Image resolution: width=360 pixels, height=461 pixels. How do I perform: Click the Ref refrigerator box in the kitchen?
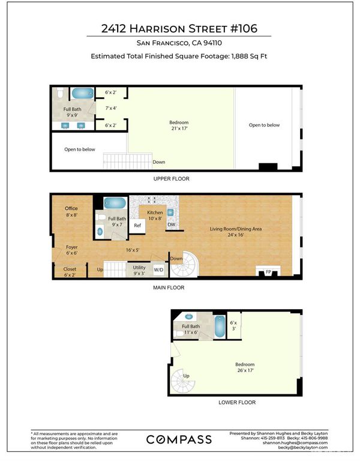pyautogui.click(x=137, y=226)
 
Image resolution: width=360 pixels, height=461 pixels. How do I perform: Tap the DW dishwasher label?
pyautogui.click(x=172, y=224)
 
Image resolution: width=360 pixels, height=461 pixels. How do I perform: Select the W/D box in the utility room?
pyautogui.click(x=158, y=270)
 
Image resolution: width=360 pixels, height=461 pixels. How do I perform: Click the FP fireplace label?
pyautogui.click(x=268, y=272)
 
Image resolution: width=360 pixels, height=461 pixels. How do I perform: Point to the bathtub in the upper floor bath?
pyautogui.click(x=83, y=93)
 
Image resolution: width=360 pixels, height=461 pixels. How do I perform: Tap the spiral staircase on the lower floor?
pyautogui.click(x=183, y=382)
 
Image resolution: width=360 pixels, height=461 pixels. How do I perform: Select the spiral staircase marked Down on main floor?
pyautogui.click(x=184, y=264)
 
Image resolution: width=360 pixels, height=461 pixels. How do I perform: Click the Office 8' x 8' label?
pyautogui.click(x=71, y=212)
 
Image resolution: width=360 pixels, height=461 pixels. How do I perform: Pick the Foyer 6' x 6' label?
pyautogui.click(x=72, y=250)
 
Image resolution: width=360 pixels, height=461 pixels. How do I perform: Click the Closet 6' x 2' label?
pyautogui.click(x=70, y=272)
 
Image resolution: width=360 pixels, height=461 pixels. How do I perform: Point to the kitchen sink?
pyautogui.click(x=170, y=212)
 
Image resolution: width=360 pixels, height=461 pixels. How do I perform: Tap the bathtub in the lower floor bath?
pyautogui.click(x=220, y=326)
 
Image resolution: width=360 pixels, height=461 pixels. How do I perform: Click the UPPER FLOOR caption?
pyautogui.click(x=172, y=179)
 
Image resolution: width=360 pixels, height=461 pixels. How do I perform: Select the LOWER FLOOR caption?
pyautogui.click(x=237, y=402)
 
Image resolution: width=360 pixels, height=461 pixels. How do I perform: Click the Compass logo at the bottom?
pyautogui.click(x=179, y=439)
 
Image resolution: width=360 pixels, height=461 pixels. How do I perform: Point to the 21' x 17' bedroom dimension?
pyautogui.click(x=179, y=128)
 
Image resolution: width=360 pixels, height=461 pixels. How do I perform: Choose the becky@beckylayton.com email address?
pyautogui.click(x=302, y=447)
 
